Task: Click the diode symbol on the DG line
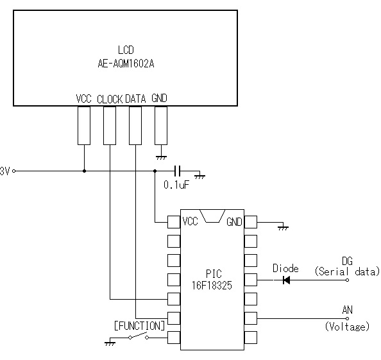(286, 280)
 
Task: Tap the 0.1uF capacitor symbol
(178, 171)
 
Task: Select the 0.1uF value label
(176, 185)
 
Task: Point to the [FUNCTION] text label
(139, 326)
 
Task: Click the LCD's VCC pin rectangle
(84, 125)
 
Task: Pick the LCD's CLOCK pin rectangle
(110, 125)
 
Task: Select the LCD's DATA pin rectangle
(135, 125)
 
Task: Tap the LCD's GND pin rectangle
(161, 125)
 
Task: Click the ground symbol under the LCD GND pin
(161, 157)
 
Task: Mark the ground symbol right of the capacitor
(199, 176)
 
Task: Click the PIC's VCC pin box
(174, 222)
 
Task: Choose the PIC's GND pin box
(251, 222)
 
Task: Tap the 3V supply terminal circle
(14, 171)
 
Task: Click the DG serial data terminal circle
(348, 280)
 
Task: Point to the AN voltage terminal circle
(348, 318)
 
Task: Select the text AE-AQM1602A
(126, 64)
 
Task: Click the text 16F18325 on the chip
(212, 286)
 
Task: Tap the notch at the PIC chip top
(212, 216)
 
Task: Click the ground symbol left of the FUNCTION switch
(110, 343)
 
